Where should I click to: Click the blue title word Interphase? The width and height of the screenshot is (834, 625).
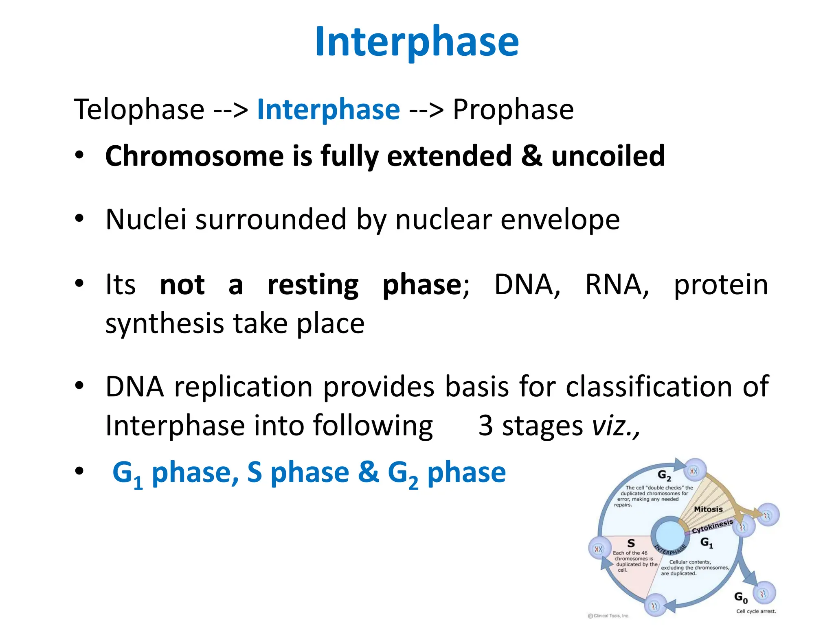[417, 42]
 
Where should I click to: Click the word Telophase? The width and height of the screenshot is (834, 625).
[139, 109]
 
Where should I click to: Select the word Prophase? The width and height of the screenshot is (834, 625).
[513, 109]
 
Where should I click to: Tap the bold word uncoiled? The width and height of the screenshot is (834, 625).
[608, 156]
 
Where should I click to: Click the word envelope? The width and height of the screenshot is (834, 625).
[560, 220]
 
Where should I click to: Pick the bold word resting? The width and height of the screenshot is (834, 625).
[313, 284]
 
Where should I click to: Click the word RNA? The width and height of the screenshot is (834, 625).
[617, 284]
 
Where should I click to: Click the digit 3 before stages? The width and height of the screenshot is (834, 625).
[485, 426]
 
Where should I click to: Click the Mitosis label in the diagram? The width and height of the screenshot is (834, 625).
[708, 509]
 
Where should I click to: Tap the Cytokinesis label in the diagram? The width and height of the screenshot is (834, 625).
[712, 526]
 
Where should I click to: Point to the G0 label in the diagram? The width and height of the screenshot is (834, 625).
[741, 597]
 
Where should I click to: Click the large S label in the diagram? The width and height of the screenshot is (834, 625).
[631, 543]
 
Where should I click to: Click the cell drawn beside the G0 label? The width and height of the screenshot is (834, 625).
[764, 594]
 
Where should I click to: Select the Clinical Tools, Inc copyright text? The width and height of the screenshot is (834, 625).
[609, 616]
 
